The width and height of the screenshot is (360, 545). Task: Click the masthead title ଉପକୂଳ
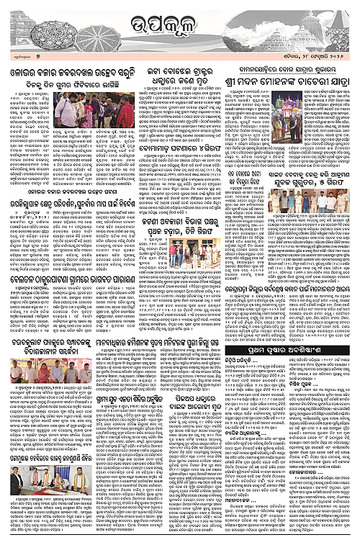(x=179, y=27)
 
